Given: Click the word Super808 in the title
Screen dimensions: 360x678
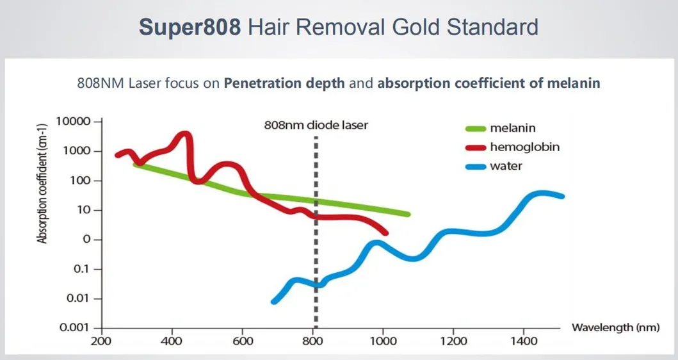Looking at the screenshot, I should point(190,28).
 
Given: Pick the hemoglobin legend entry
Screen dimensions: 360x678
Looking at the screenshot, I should point(524,147).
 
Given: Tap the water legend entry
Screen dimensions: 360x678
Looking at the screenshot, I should point(506,166).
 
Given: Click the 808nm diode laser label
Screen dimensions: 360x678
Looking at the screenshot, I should point(316,125).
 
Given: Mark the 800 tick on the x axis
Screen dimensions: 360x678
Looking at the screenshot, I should point(313,340).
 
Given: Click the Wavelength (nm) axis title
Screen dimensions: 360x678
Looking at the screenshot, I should point(611,328).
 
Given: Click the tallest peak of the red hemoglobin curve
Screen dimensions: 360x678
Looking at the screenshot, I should point(185,135).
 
